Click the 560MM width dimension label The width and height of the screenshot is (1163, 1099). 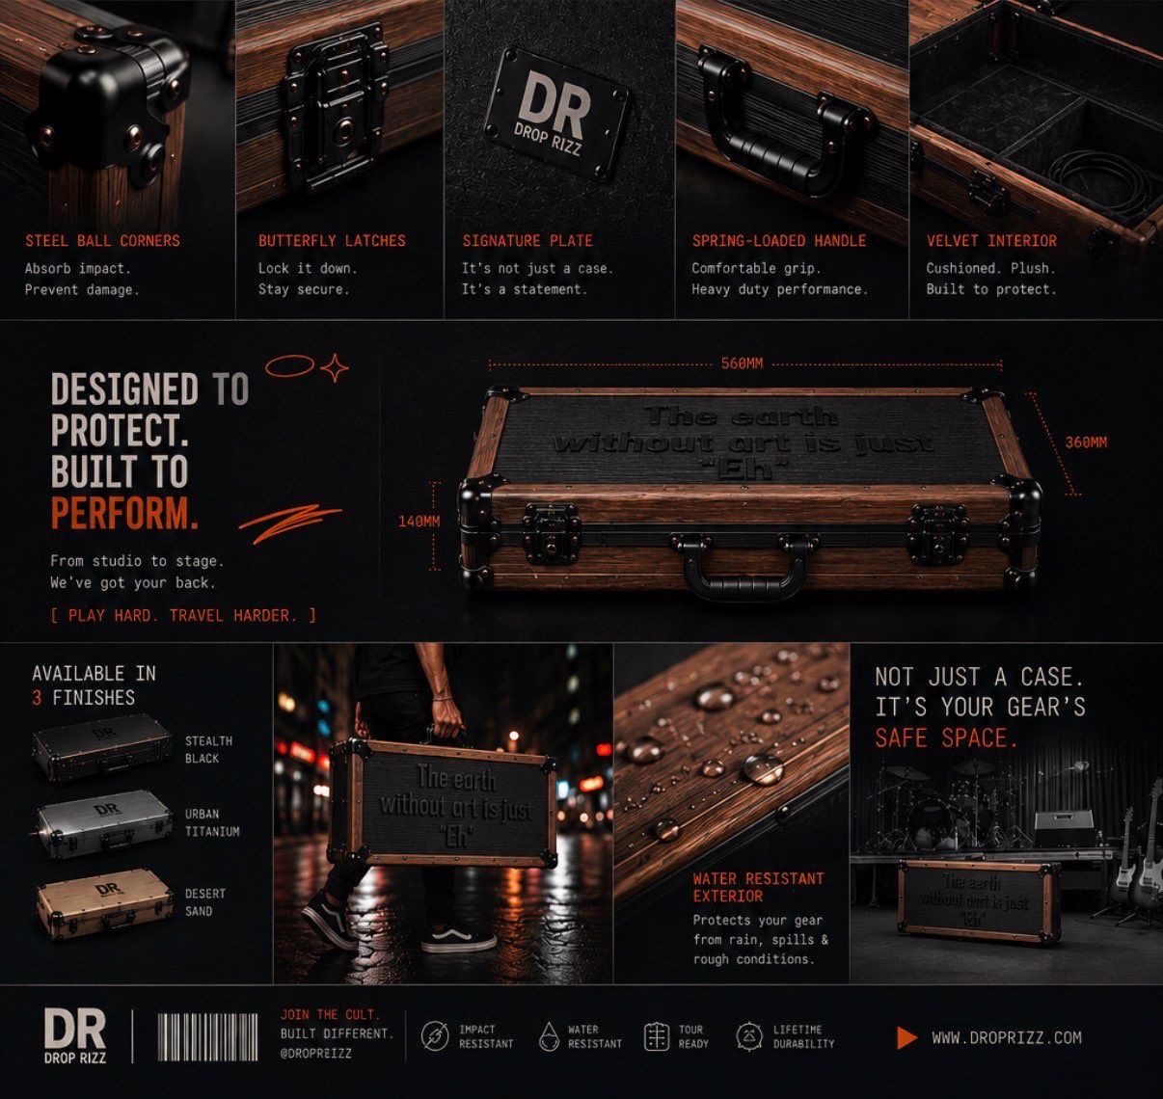pyautogui.click(x=742, y=363)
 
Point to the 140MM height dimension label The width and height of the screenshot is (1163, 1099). pyautogui.click(x=419, y=522)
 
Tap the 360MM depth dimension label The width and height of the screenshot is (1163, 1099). pyautogui.click(x=1086, y=442)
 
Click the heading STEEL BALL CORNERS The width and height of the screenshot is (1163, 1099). pyautogui.click(x=102, y=241)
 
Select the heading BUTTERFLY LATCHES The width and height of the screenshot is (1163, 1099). pyautogui.click(x=332, y=241)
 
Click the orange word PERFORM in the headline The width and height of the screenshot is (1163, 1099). pyautogui.click(x=124, y=513)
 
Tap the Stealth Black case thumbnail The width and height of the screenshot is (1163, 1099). pyautogui.click(x=102, y=746)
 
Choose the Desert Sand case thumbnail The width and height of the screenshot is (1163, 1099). pyautogui.click(x=104, y=902)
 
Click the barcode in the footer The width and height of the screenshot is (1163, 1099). pyautogui.click(x=207, y=1037)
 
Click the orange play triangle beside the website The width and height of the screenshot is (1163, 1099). pyautogui.click(x=906, y=1037)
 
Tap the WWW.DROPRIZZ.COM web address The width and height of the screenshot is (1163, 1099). pyautogui.click(x=1006, y=1037)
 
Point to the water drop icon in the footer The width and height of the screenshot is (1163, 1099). pyautogui.click(x=549, y=1036)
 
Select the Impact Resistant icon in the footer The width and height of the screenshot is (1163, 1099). pyautogui.click(x=435, y=1036)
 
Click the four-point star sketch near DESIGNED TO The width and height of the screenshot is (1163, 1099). pyautogui.click(x=335, y=367)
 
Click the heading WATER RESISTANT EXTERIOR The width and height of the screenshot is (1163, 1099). pyautogui.click(x=758, y=887)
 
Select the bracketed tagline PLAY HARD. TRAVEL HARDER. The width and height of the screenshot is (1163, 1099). pyautogui.click(x=183, y=616)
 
